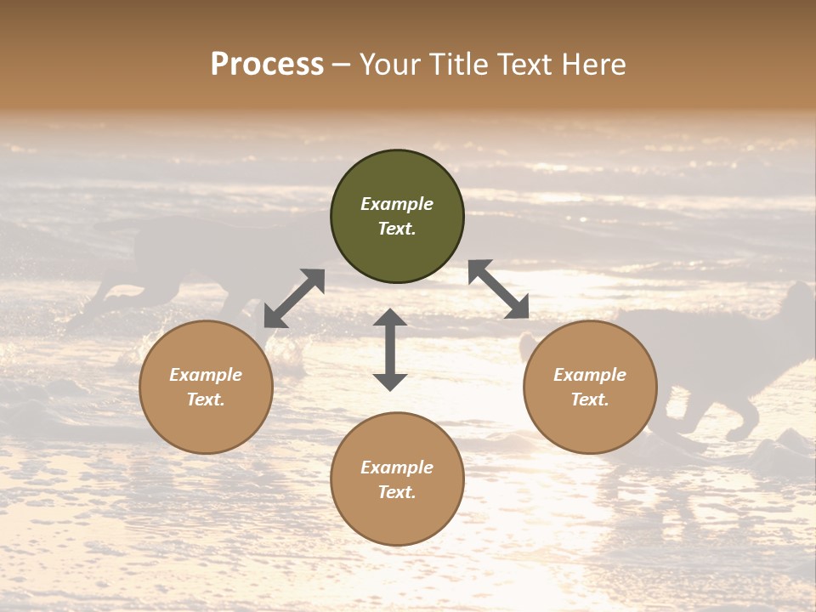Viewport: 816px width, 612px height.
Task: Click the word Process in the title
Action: pyautogui.click(x=267, y=65)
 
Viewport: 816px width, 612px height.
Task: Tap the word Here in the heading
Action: pyautogui.click(x=593, y=65)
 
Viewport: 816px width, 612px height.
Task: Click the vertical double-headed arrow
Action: pyautogui.click(x=390, y=349)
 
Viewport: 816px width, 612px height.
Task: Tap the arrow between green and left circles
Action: pyautogui.click(x=294, y=297)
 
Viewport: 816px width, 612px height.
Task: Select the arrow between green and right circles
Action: pyautogui.click(x=499, y=289)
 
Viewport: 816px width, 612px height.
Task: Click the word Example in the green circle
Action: pyautogui.click(x=397, y=204)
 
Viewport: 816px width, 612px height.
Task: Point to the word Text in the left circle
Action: pyautogui.click(x=206, y=399)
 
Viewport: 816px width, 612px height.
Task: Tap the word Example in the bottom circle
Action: pyautogui.click(x=397, y=467)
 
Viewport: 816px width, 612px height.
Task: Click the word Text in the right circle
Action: pyautogui.click(x=590, y=399)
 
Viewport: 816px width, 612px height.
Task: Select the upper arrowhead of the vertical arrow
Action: pyautogui.click(x=390, y=318)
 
